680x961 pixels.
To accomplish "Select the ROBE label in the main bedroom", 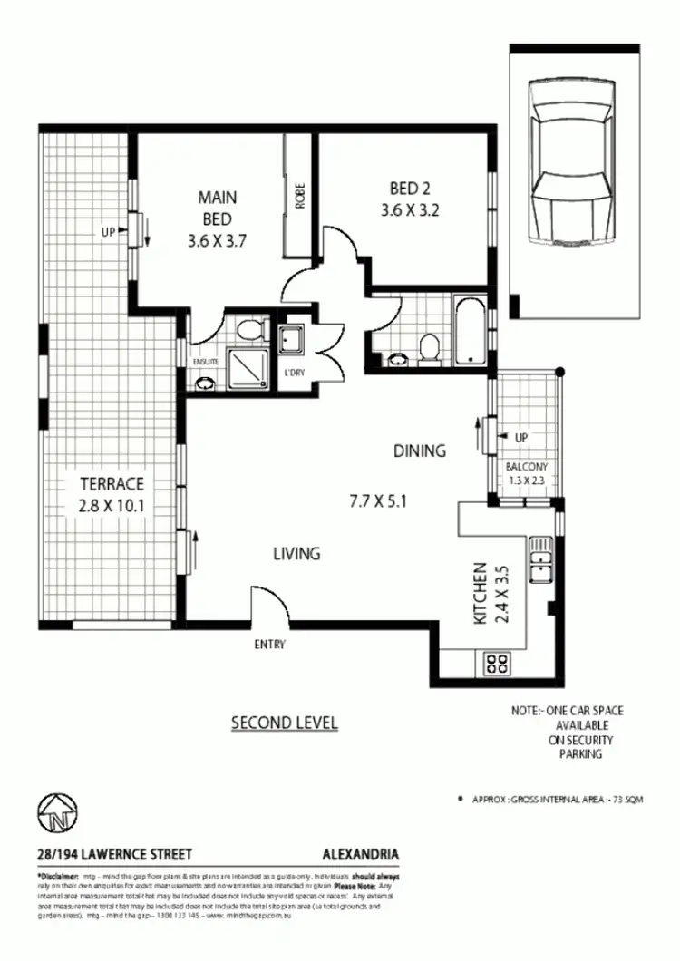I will (x=300, y=197).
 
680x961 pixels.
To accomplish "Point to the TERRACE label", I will (x=111, y=484).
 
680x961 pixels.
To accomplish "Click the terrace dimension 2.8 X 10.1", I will (x=111, y=505).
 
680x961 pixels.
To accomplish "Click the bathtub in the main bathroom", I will (x=471, y=331).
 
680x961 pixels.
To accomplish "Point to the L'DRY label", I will (x=293, y=374).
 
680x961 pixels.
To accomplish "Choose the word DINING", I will (x=420, y=451).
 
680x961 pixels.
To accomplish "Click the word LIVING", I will (x=296, y=553).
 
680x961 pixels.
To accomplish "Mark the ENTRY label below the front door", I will (x=270, y=645).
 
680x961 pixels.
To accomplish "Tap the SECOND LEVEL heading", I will (x=285, y=723).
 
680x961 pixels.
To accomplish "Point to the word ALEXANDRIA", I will (x=361, y=854).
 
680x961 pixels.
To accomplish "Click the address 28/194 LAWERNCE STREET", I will (x=114, y=854).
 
